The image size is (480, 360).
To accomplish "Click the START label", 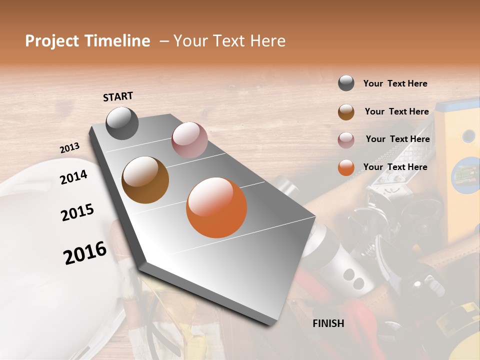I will [x=118, y=96].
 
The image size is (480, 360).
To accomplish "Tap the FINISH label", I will [x=328, y=323].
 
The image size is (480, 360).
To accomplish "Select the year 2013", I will [x=69, y=148].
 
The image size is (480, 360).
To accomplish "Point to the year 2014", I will [x=73, y=177].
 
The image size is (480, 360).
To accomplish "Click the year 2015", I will [x=77, y=212].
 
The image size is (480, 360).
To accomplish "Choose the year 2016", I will [x=85, y=252].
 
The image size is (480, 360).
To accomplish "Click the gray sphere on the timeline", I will [x=122, y=123].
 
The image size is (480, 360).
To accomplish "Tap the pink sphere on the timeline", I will [x=189, y=140].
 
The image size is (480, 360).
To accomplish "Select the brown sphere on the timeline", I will [x=145, y=179].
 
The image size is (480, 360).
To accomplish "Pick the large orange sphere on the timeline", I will [x=216, y=207].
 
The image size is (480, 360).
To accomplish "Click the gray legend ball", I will [x=346, y=83].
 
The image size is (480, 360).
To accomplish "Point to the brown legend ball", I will [x=346, y=112].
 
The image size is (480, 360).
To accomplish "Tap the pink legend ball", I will [x=346, y=140].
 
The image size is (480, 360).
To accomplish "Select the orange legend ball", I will [x=346, y=167].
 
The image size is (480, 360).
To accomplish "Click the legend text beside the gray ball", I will [x=395, y=84].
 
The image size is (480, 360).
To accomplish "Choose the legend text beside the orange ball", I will [x=395, y=167].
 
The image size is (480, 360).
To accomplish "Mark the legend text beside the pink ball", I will [x=397, y=139].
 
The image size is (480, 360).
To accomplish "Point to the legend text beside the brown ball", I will [x=396, y=111].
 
